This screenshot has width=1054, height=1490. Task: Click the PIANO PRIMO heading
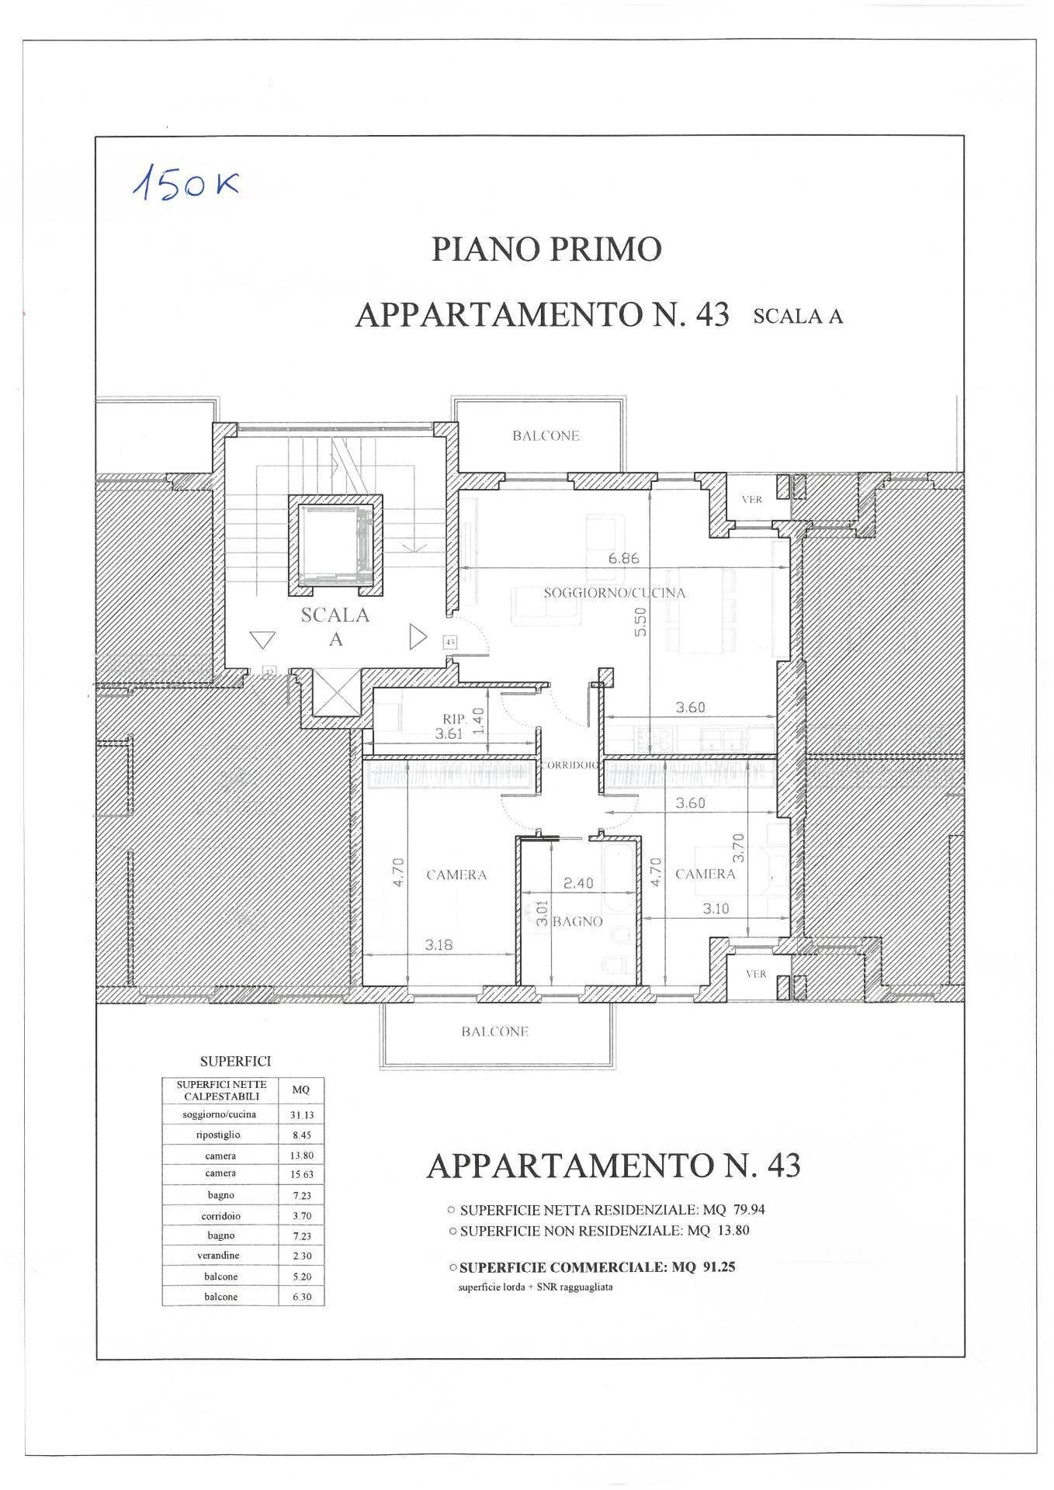[546, 250]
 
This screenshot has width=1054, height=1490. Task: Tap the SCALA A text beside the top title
[798, 317]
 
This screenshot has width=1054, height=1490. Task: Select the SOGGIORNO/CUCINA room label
[615, 593]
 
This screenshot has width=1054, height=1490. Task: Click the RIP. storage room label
[454, 719]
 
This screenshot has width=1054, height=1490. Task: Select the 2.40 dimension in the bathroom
[577, 883]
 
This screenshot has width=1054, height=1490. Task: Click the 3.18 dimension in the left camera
[439, 945]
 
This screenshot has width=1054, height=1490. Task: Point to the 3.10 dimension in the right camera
[715, 909]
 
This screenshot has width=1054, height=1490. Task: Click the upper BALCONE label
[546, 436]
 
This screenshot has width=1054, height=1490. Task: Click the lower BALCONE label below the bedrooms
[494, 1031]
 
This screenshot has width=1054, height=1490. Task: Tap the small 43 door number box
[450, 642]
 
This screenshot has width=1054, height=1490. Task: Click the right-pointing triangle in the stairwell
[418, 638]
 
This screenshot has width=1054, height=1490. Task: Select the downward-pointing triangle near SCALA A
[263, 640]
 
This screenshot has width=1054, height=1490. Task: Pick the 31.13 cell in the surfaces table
[301, 1115]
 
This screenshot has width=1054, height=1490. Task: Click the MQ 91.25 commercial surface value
[704, 1267]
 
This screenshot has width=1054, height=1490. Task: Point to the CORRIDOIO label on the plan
[569, 765]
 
